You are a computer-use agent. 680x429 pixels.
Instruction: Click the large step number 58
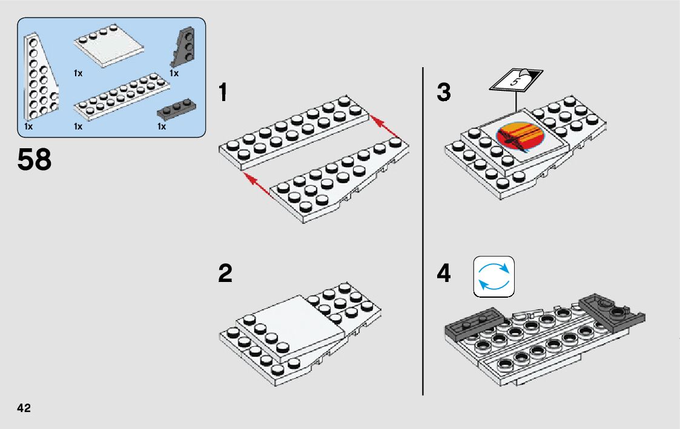tap(35, 160)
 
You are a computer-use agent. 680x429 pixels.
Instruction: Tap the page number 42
tap(24, 408)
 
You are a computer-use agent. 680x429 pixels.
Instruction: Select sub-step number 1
tap(223, 93)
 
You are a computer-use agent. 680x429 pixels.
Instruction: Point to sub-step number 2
tap(225, 273)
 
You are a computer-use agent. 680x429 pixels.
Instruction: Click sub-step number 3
tap(444, 93)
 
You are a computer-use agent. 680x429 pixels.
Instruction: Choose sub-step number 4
tap(444, 273)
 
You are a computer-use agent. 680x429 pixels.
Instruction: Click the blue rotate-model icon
tap(493, 277)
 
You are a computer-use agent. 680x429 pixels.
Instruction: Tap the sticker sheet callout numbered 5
tap(516, 80)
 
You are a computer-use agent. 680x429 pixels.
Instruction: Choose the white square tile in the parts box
tap(108, 45)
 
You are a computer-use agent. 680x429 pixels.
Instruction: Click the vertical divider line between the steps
tap(423, 231)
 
